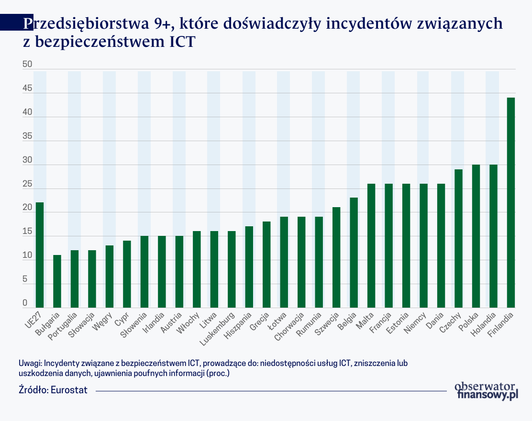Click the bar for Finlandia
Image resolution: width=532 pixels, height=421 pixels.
(x=511, y=202)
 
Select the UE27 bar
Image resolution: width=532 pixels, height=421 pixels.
(x=40, y=255)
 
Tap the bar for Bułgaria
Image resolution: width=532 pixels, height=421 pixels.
(x=57, y=281)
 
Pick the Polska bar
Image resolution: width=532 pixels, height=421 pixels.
(x=476, y=236)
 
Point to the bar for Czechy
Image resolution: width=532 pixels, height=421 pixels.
(x=458, y=238)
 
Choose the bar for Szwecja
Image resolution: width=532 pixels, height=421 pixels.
(x=336, y=257)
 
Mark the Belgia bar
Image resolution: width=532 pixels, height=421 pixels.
(x=354, y=253)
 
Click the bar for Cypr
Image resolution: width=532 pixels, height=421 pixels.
(x=127, y=274)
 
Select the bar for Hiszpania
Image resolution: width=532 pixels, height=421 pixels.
(x=249, y=267)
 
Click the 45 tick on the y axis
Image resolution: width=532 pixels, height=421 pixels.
(x=27, y=89)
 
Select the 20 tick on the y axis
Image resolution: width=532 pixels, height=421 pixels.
(x=27, y=208)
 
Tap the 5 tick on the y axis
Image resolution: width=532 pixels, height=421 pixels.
(x=25, y=279)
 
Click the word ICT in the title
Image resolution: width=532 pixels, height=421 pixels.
(x=182, y=42)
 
